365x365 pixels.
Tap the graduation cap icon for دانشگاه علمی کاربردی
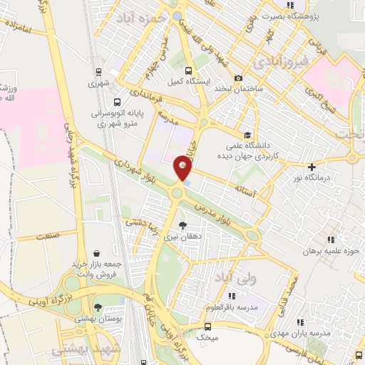coord(247,134)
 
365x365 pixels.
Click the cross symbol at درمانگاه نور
coord(312,166)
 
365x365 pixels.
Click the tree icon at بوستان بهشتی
coord(98,307)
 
